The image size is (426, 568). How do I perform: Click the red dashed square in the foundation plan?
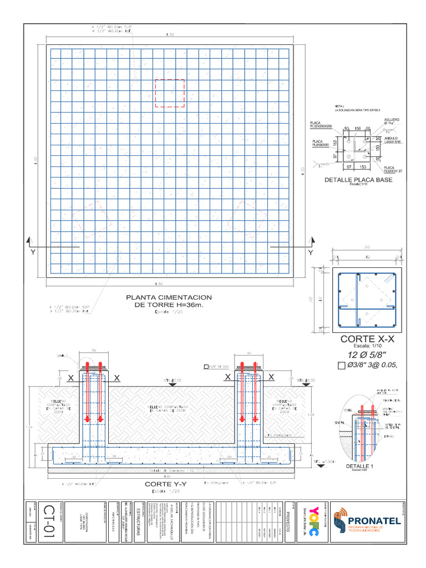170,93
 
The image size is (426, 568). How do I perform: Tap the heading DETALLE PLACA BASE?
358,180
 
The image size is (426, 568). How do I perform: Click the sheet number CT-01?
48,521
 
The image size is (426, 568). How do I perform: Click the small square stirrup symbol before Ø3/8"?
341,365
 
